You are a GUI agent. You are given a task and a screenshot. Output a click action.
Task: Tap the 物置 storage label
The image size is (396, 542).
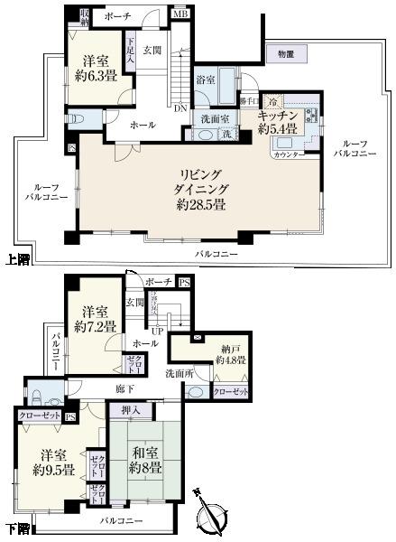287,54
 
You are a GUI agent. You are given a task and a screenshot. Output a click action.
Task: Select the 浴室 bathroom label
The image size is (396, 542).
206,80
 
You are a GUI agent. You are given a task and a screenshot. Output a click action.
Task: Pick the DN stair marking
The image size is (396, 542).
180,107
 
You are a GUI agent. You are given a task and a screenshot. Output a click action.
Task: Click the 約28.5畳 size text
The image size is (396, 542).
202,206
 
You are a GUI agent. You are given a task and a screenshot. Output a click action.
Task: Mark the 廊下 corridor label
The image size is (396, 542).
124,388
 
